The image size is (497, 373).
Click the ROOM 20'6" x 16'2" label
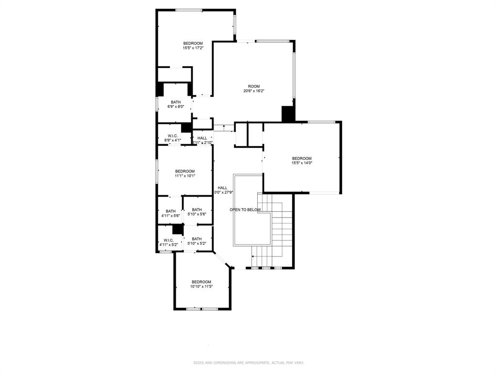253,88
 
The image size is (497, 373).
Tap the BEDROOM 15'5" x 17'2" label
193,46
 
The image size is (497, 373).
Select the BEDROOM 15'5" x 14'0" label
301,161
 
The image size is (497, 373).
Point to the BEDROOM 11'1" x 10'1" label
185,173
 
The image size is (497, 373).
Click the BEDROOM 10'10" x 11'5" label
201,284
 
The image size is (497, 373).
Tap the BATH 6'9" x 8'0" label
176,104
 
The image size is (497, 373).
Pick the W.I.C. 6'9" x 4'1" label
173,138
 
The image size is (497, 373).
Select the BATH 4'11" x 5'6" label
170,213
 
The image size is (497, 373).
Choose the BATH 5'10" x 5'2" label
197,241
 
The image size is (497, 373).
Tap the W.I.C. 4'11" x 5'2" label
168,242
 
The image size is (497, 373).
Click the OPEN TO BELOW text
245,210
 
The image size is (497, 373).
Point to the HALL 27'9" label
223,190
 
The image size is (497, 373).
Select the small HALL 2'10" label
202,140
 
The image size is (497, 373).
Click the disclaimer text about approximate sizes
248,363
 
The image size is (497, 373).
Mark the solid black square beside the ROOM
288,114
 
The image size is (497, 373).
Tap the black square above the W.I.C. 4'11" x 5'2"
178,229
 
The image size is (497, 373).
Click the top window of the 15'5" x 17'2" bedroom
189,10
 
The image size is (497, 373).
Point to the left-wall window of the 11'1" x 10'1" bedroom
157,171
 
